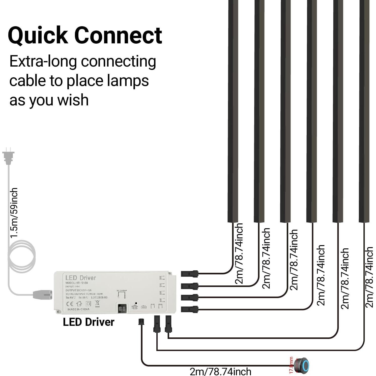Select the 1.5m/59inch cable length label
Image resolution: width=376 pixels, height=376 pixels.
tap(14, 212)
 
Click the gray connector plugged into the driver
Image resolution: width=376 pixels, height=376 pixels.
tap(42, 295)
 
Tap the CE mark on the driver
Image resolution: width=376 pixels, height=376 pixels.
tap(70, 304)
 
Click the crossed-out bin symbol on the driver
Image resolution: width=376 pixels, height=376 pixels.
tap(97, 303)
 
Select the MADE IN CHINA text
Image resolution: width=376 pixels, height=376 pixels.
tap(78, 309)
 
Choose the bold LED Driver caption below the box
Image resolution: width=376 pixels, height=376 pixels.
tap(89, 322)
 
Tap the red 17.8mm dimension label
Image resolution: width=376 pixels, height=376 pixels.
tap(291, 365)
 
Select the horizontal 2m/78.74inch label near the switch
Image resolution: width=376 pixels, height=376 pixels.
tap(220, 371)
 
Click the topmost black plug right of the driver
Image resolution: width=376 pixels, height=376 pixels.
tap(190, 274)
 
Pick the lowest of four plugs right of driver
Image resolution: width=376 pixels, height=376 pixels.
tap(190, 309)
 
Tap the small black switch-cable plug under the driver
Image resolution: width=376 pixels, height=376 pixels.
tap(141, 322)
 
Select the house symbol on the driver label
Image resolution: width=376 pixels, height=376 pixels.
tap(79, 304)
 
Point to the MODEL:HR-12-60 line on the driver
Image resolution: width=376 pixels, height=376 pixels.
tap(76, 283)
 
